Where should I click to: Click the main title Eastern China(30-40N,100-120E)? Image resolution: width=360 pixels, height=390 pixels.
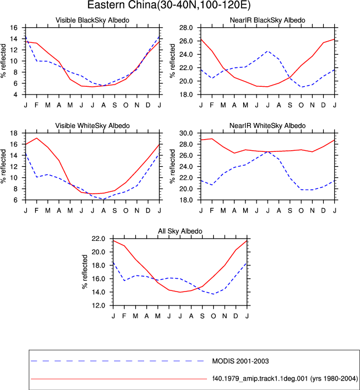pyautogui.click(x=169, y=5)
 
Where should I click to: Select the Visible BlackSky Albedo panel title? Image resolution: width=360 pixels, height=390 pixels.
pyautogui.click(x=92, y=20)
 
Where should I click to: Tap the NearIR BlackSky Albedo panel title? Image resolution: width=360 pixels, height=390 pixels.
pyautogui.click(x=268, y=20)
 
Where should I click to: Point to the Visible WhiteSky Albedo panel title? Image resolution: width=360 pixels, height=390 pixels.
pyautogui.click(x=92, y=126)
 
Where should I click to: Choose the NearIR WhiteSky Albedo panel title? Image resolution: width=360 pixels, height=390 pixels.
pyautogui.click(x=268, y=126)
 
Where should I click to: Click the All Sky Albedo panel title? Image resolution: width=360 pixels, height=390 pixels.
pyautogui.click(x=180, y=231)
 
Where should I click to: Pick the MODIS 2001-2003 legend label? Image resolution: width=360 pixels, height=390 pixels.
pyautogui.click(x=240, y=361)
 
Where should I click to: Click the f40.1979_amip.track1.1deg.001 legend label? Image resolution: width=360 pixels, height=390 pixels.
pyautogui.click(x=285, y=378)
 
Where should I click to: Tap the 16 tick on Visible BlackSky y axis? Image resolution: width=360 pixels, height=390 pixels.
pyautogui.click(x=14, y=28)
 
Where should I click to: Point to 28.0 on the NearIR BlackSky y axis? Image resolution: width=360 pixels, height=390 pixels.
pyautogui.click(x=186, y=28)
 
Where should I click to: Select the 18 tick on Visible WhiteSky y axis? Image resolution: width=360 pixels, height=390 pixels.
pyautogui.click(x=14, y=133)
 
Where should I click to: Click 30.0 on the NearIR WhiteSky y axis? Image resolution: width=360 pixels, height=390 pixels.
pyautogui.click(x=186, y=133)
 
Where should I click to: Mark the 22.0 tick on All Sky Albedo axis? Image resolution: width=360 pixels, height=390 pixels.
pyautogui.click(x=98, y=239)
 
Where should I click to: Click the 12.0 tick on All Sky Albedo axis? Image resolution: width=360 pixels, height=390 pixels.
pyautogui.click(x=98, y=305)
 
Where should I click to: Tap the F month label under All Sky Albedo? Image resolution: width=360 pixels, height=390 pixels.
pyautogui.click(x=124, y=316)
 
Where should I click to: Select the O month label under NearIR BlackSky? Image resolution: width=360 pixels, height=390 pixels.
pyautogui.click(x=301, y=105)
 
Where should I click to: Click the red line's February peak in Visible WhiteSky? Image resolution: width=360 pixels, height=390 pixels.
pyautogui.click(x=37, y=138)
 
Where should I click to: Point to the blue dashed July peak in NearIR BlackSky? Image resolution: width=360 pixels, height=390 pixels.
pyautogui.click(x=268, y=51)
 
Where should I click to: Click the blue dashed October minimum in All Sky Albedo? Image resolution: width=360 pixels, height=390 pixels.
pyautogui.click(x=214, y=294)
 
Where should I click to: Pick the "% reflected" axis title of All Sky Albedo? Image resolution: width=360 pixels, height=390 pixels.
pyautogui.click(x=85, y=272)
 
